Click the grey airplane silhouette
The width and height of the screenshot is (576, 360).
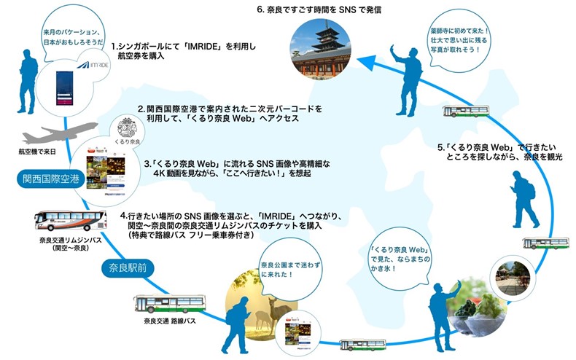point(47,136)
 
